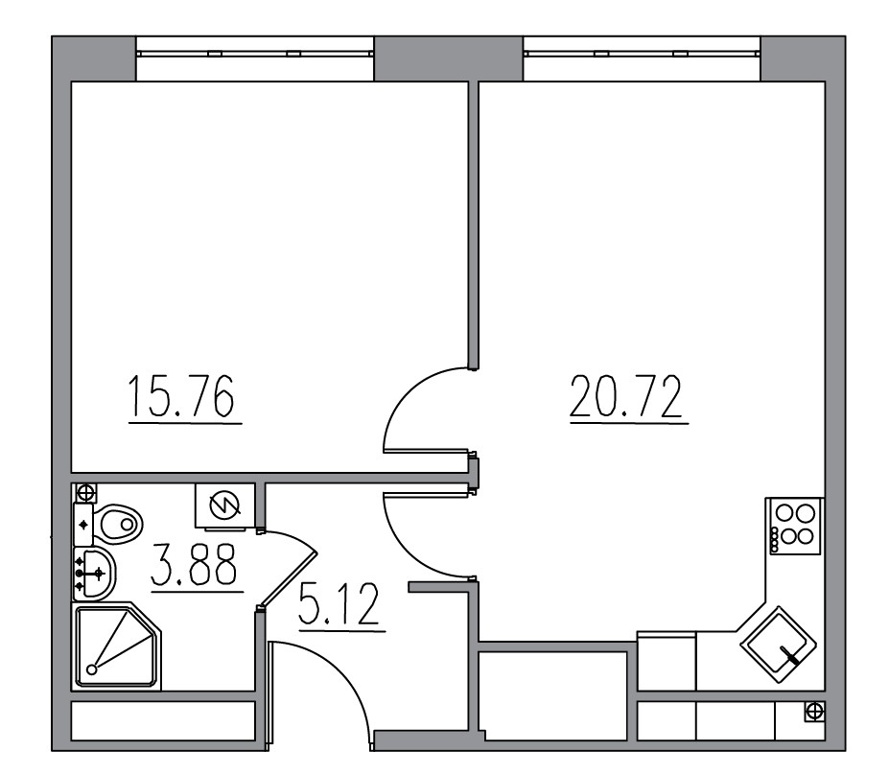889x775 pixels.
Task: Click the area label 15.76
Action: click(182, 399)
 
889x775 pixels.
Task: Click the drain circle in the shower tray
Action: click(92, 669)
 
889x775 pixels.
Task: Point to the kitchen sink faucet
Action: click(791, 657)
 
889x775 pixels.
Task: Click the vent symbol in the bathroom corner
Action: click(85, 492)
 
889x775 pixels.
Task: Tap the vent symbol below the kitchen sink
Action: click(813, 711)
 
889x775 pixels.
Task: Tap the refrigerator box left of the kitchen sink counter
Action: click(667, 660)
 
